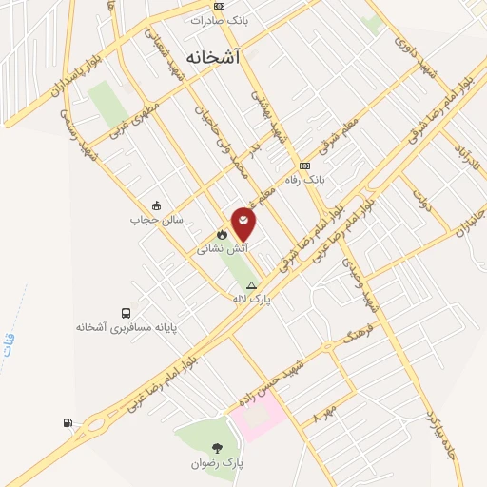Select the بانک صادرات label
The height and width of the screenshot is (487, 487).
219,19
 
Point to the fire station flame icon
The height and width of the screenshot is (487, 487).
222,234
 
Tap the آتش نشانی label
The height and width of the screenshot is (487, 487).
217,249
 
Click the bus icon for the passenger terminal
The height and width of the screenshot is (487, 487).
126,313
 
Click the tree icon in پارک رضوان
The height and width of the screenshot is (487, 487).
218,448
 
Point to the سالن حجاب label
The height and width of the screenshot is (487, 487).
154,219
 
